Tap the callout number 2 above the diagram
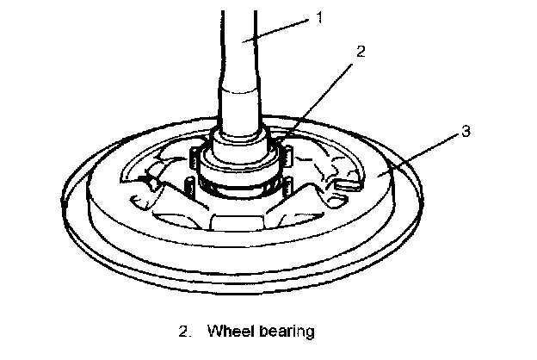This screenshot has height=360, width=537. coord(361,52)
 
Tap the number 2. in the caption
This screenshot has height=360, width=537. coord(183,330)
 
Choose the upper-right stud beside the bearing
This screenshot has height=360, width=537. coord(289,154)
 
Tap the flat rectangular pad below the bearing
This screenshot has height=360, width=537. coord(238,225)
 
